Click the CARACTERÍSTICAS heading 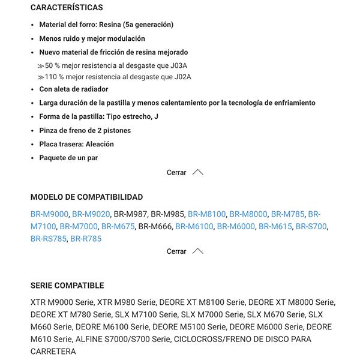(67, 8)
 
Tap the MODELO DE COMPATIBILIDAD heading (86, 197)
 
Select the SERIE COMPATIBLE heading (67, 286)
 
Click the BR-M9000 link (49, 214)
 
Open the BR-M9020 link (91, 214)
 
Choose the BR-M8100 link (206, 214)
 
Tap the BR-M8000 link (248, 214)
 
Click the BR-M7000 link (78, 226)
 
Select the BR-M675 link (118, 226)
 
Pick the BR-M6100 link (194, 226)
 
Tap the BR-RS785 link (48, 238)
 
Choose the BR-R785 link (86, 238)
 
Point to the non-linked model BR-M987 (130, 214)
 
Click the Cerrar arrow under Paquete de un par (197, 172)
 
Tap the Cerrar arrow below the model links (197, 251)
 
